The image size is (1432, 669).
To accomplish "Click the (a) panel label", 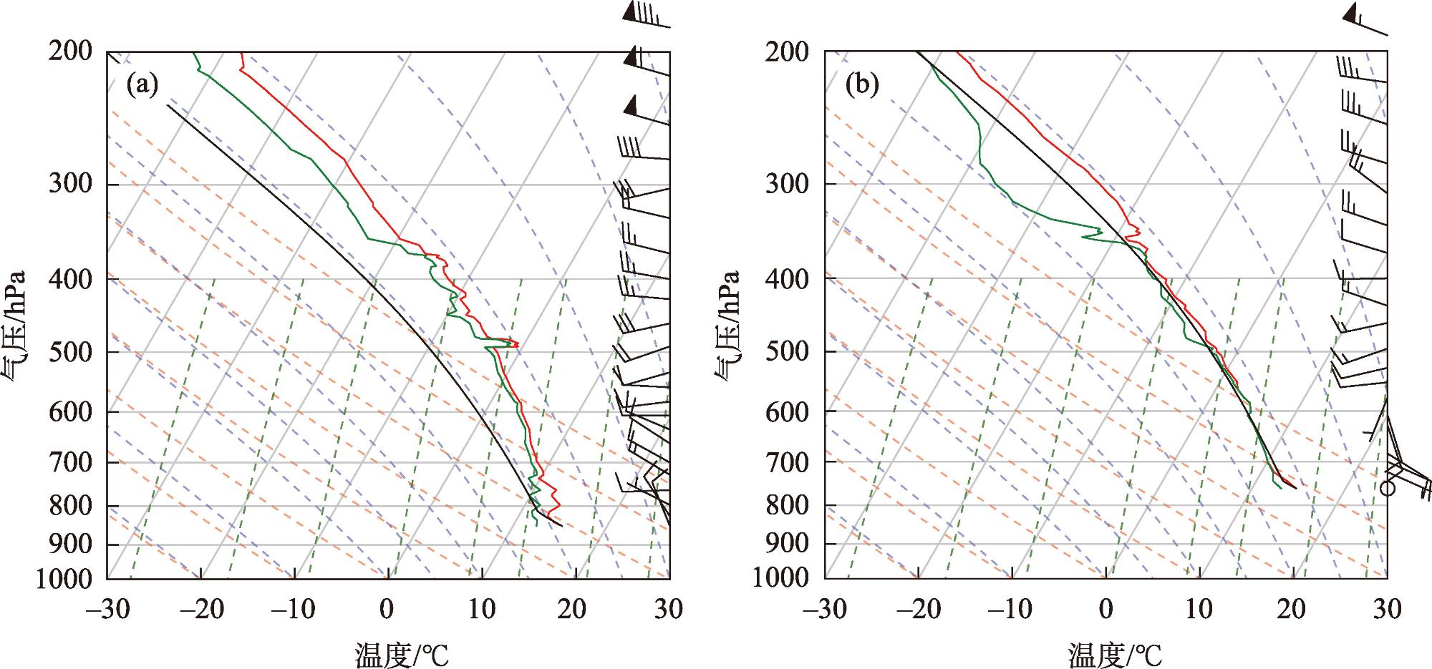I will [141, 86].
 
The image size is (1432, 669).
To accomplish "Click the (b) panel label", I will [861, 86].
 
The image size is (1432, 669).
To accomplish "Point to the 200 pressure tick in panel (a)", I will [70, 52].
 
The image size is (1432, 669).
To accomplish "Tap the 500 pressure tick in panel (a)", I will [70, 351].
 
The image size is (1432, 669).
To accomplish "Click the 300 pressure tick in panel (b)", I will [788, 184].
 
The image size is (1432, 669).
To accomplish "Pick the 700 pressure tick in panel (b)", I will [788, 462].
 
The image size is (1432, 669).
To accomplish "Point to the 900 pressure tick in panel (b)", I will [788, 544].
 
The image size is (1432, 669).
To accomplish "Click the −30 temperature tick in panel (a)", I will [107, 610].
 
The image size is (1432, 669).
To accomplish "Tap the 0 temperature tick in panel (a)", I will [387, 610].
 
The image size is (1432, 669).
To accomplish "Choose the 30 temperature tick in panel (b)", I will [1386, 610].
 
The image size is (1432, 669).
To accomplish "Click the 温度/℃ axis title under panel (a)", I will [402, 654].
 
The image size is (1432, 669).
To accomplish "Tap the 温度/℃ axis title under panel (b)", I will [1116, 654].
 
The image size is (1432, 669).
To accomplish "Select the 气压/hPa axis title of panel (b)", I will [727, 326].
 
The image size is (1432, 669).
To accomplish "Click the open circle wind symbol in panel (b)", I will [1388, 488].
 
